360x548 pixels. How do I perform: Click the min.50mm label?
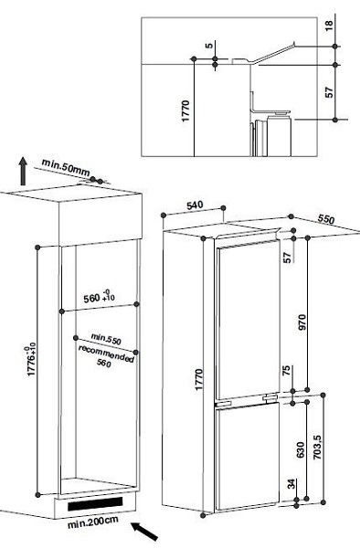(x=66, y=168)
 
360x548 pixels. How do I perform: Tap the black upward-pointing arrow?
(x=23, y=171)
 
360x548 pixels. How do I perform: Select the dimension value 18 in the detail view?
(x=329, y=26)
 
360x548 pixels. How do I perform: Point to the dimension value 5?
(x=208, y=46)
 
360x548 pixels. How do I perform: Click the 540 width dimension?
(x=195, y=205)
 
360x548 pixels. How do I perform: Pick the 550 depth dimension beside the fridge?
(x=326, y=219)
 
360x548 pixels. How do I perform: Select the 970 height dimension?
(x=302, y=321)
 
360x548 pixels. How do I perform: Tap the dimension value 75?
(x=286, y=371)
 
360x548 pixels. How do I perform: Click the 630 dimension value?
(x=301, y=449)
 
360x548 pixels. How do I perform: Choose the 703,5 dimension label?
(x=317, y=448)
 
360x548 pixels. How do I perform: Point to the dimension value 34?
(x=291, y=484)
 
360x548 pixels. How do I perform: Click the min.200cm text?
(x=92, y=522)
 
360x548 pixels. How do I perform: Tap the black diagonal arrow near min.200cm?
(x=144, y=532)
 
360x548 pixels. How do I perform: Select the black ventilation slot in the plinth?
(x=95, y=503)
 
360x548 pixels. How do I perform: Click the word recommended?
(x=106, y=353)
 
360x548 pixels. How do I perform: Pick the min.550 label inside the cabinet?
(x=106, y=339)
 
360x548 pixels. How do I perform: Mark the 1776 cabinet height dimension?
(x=31, y=359)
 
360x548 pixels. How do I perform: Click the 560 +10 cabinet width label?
(x=99, y=297)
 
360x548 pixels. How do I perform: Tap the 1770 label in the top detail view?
(x=185, y=111)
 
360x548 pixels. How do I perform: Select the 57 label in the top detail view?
(x=329, y=92)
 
